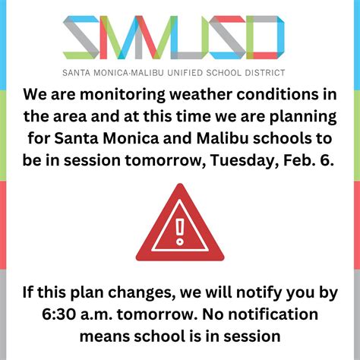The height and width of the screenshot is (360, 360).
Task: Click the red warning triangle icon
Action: (180, 226)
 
